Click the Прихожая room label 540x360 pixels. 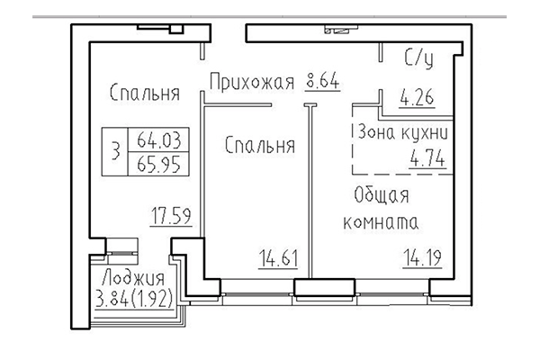[x=252, y=85]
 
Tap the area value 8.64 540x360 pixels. [x=322, y=84]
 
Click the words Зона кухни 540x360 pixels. [x=402, y=131]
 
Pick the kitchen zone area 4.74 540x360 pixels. [x=428, y=162]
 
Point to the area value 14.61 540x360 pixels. [x=275, y=264]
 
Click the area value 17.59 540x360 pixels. [x=170, y=216]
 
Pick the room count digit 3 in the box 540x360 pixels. [x=114, y=153]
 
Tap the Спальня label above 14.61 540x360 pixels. [x=261, y=145]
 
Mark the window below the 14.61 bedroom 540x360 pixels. [x=256, y=290]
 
